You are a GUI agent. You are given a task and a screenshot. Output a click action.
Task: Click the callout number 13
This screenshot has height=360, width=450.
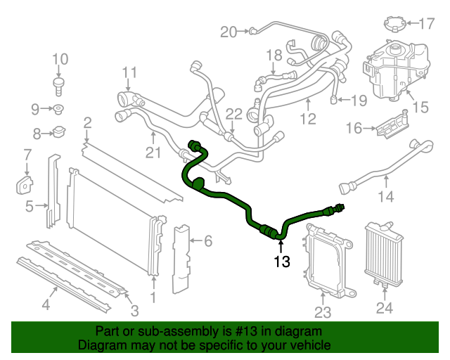[281, 262]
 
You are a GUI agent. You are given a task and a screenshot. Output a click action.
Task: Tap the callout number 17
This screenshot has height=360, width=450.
[427, 24]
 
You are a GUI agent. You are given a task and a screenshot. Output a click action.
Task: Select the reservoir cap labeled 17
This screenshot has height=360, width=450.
[394, 23]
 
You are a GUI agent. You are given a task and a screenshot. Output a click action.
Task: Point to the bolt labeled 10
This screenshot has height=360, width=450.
[60, 86]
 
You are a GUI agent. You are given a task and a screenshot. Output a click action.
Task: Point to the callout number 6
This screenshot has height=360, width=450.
[207, 241]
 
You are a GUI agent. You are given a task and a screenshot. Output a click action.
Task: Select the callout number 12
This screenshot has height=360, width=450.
[308, 120]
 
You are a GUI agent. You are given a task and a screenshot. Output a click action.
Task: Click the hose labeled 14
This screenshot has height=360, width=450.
[383, 169]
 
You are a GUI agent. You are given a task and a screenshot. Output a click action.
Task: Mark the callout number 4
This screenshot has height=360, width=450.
[46, 304]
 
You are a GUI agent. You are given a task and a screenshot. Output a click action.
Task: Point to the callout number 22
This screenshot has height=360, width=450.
[233, 114]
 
